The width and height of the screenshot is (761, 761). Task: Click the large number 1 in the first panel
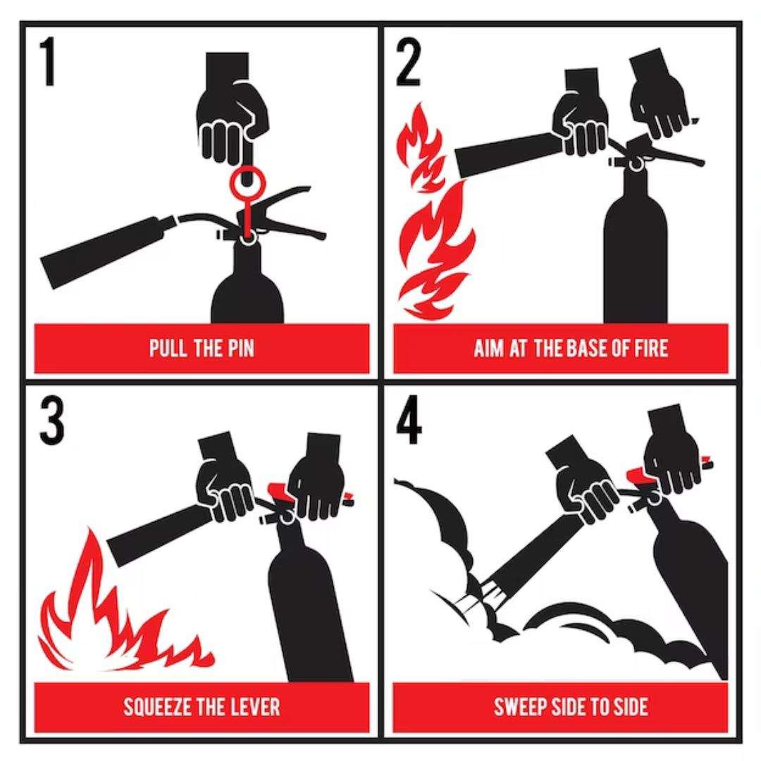[48, 61]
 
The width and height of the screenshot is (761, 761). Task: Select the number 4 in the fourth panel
[409, 420]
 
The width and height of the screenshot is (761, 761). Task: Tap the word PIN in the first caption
[239, 348]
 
